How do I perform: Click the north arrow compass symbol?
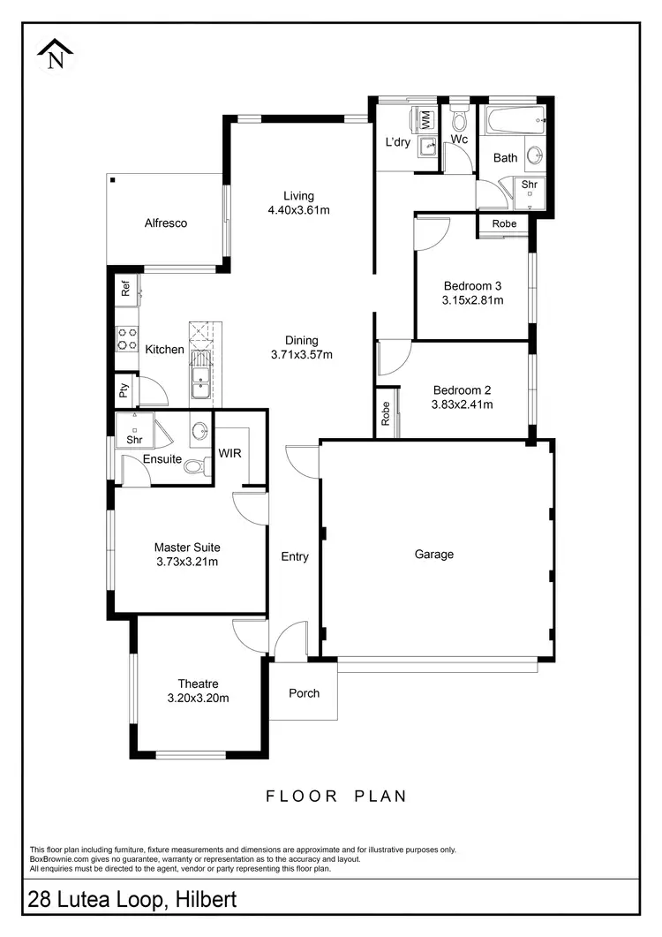click(x=56, y=54)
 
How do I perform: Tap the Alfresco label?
click(x=166, y=223)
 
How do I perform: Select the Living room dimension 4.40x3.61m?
click(x=298, y=210)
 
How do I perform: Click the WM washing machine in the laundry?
click(x=424, y=118)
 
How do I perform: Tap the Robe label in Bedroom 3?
click(x=504, y=224)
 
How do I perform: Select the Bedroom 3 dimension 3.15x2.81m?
click(x=472, y=300)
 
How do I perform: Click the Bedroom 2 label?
click(x=462, y=390)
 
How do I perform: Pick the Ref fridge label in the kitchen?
click(x=125, y=287)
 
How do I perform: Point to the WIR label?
click(x=229, y=453)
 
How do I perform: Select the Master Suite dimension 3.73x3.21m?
click(x=186, y=562)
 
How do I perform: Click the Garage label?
click(x=434, y=555)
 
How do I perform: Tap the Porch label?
click(x=304, y=693)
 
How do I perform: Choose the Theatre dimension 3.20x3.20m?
click(x=198, y=698)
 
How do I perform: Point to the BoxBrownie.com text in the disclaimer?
click(x=60, y=859)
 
